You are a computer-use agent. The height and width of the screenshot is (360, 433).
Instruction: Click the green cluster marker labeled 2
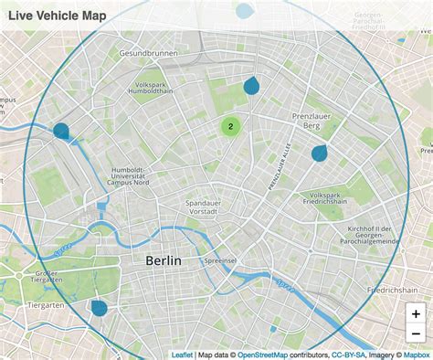[231, 127]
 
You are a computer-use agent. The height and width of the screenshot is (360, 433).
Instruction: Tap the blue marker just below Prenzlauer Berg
[319, 153]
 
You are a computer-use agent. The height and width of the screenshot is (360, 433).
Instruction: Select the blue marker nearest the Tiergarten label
[99, 308]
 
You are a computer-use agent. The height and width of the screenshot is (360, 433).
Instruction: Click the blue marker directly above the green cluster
[251, 87]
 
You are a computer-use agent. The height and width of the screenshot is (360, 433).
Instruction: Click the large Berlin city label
[164, 260]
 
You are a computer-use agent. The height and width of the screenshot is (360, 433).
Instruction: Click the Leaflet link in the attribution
[182, 355]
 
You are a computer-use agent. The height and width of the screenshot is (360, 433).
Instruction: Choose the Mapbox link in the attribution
[417, 355]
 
